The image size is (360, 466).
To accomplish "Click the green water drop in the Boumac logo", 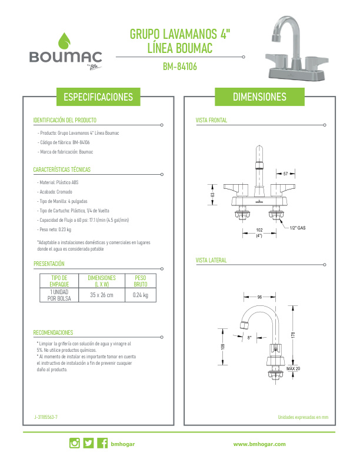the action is pyautogui.click(x=64, y=41).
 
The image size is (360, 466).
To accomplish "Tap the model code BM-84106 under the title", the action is pyautogui.click(x=179, y=66).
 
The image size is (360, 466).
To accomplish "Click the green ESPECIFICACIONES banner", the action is pyautogui.click(x=98, y=97).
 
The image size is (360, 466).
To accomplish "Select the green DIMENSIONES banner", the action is pyautogui.click(x=259, y=96).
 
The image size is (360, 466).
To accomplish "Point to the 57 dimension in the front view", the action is pyautogui.click(x=285, y=174).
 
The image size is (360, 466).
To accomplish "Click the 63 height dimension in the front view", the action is pyautogui.click(x=212, y=195).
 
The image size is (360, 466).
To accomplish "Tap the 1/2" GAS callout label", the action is pyautogui.click(x=298, y=228).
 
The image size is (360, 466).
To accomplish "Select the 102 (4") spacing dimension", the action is pyautogui.click(x=259, y=232).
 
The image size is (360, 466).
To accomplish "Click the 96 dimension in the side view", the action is pyautogui.click(x=259, y=297).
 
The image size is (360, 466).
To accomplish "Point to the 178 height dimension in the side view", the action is pyautogui.click(x=293, y=335).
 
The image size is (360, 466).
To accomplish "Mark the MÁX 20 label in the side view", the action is pyautogui.click(x=293, y=368).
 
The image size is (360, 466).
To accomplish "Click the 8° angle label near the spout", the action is pyautogui.click(x=249, y=338).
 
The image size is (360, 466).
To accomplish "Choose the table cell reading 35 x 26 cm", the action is pyautogui.click(x=102, y=295).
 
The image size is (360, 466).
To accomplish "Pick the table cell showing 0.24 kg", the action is pyautogui.click(x=141, y=295).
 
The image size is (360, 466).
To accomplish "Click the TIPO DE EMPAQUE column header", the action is pyautogui.click(x=59, y=281).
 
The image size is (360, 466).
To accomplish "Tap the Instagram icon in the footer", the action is pyautogui.click(x=75, y=443).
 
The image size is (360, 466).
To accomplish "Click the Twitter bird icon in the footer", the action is pyautogui.click(x=88, y=443).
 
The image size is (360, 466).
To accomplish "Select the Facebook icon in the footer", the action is pyautogui.click(x=102, y=443).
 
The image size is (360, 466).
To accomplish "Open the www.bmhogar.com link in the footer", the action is pyautogui.click(x=259, y=444).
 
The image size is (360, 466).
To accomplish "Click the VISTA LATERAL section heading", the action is pyautogui.click(x=211, y=260).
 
